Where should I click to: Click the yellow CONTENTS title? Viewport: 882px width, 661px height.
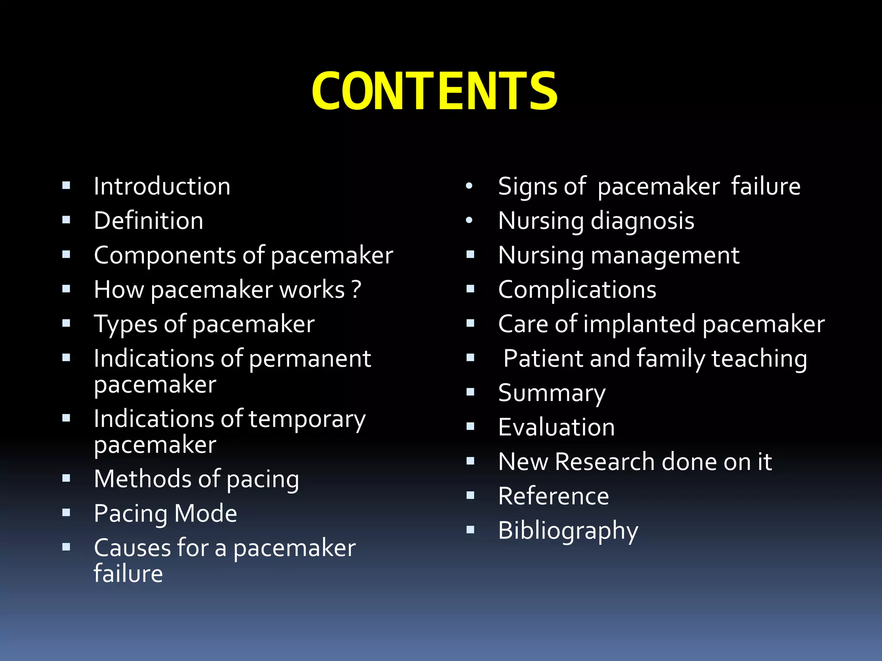(435, 92)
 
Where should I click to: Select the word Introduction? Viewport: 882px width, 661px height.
(162, 186)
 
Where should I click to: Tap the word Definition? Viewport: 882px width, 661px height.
(149, 221)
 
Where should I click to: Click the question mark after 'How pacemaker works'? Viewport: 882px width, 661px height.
(356, 290)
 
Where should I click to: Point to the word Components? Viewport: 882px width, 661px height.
(165, 256)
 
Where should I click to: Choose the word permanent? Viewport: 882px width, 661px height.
(310, 359)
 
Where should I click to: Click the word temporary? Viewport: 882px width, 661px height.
(307, 420)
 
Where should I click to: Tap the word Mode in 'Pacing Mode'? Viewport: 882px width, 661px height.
(206, 513)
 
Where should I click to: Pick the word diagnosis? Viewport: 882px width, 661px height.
(642, 222)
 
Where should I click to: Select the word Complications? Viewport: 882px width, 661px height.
(577, 290)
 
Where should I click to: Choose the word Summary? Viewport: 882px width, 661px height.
(552, 394)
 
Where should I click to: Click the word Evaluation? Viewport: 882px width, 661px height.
(556, 427)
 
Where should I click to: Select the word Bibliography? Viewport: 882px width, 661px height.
(568, 531)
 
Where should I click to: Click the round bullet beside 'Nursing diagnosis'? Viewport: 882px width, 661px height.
(469, 221)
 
